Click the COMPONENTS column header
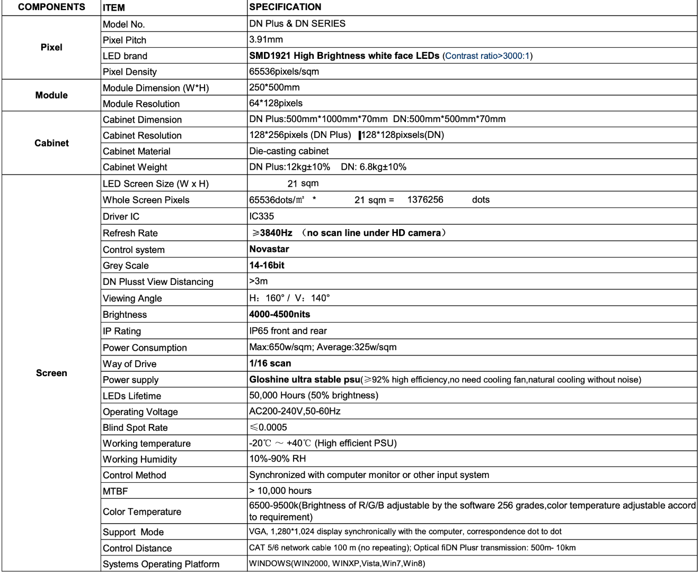(x=51, y=7)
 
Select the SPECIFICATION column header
(x=285, y=7)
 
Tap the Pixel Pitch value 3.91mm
(x=266, y=40)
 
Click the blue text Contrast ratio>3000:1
(x=488, y=56)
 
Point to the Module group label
(x=51, y=95)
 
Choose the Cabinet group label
(x=51, y=143)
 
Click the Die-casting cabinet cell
(x=289, y=151)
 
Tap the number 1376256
(x=425, y=200)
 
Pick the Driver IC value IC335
(x=262, y=216)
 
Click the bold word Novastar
(x=269, y=249)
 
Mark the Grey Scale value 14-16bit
(x=267, y=265)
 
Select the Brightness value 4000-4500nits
(x=280, y=315)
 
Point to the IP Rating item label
(x=122, y=332)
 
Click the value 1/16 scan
(x=270, y=363)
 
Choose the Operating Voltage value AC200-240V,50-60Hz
(x=295, y=411)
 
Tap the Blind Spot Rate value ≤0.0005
(x=268, y=428)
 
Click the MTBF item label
(x=116, y=491)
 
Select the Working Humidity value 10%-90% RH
(x=278, y=459)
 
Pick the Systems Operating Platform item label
(x=161, y=565)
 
